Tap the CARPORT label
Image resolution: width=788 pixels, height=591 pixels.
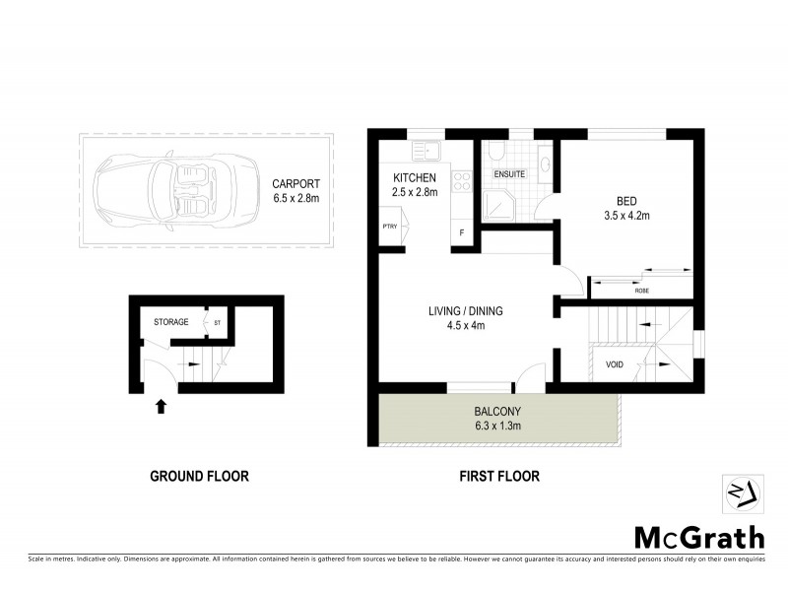point(296,182)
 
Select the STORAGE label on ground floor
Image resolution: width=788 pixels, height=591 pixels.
point(171,321)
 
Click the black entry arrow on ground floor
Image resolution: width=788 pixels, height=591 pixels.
point(161,404)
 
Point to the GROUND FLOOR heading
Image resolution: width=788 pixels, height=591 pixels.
point(199,477)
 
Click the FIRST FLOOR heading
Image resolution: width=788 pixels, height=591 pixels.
point(499,477)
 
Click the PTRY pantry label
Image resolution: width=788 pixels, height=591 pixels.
point(389,227)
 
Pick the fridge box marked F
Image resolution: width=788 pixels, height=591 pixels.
point(462,232)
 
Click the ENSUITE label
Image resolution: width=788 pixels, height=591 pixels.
point(509,174)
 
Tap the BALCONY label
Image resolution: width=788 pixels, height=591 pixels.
point(496,412)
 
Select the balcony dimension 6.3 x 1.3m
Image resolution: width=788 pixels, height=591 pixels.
point(496,427)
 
